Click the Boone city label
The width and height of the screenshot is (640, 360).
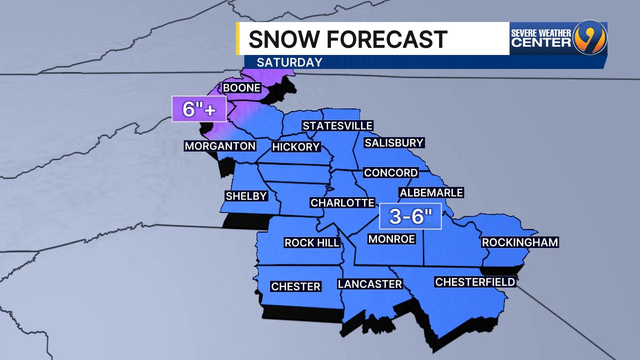242,88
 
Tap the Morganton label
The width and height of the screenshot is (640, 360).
220,146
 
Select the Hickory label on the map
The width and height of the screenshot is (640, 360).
295,147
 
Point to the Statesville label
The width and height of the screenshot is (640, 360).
337,125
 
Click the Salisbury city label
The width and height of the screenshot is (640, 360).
394,143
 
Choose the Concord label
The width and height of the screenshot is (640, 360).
390,173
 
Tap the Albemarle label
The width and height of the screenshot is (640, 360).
431,192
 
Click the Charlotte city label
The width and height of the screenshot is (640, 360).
342,202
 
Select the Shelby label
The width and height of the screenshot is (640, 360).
246,196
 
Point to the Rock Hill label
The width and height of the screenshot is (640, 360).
312,243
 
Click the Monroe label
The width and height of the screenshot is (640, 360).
391,239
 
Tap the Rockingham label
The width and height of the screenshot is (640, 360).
519,242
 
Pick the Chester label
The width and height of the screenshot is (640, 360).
295,286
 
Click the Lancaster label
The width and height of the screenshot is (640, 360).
370,284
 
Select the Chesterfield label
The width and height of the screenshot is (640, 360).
475,282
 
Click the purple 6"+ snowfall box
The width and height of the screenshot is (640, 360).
199,108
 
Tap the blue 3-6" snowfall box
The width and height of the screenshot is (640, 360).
410,216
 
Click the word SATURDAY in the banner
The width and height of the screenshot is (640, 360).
289,62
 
